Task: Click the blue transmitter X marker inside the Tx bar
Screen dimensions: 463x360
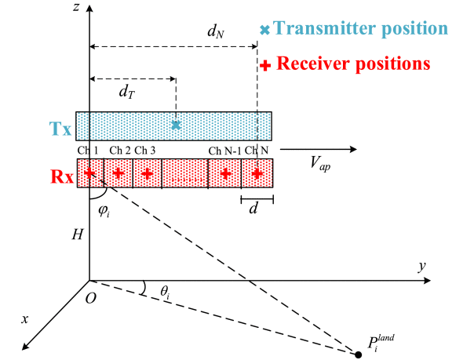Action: point(176,125)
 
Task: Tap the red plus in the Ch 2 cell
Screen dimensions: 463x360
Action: point(118,173)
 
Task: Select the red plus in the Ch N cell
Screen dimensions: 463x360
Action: point(257,173)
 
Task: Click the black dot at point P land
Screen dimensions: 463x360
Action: point(358,355)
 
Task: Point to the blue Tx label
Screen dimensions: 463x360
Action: point(60,129)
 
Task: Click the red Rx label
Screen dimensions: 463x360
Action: point(62,176)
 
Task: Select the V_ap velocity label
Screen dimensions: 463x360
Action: point(320,163)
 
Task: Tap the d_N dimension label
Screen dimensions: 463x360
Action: point(216,31)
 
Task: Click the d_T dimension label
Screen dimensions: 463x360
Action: point(127,92)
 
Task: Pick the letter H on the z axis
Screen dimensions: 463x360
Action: point(78,235)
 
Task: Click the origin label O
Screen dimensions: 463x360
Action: point(91,299)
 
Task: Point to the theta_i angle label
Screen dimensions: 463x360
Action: point(165,292)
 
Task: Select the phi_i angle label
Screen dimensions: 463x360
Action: point(104,211)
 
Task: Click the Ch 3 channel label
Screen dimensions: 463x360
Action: point(144,151)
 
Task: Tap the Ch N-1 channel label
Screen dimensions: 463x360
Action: point(224,151)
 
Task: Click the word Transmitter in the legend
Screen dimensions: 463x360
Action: point(325,28)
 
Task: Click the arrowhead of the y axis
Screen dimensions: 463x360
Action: point(427,280)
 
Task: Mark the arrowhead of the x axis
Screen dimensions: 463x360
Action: point(26,347)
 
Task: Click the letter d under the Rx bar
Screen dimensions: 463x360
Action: point(253,209)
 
